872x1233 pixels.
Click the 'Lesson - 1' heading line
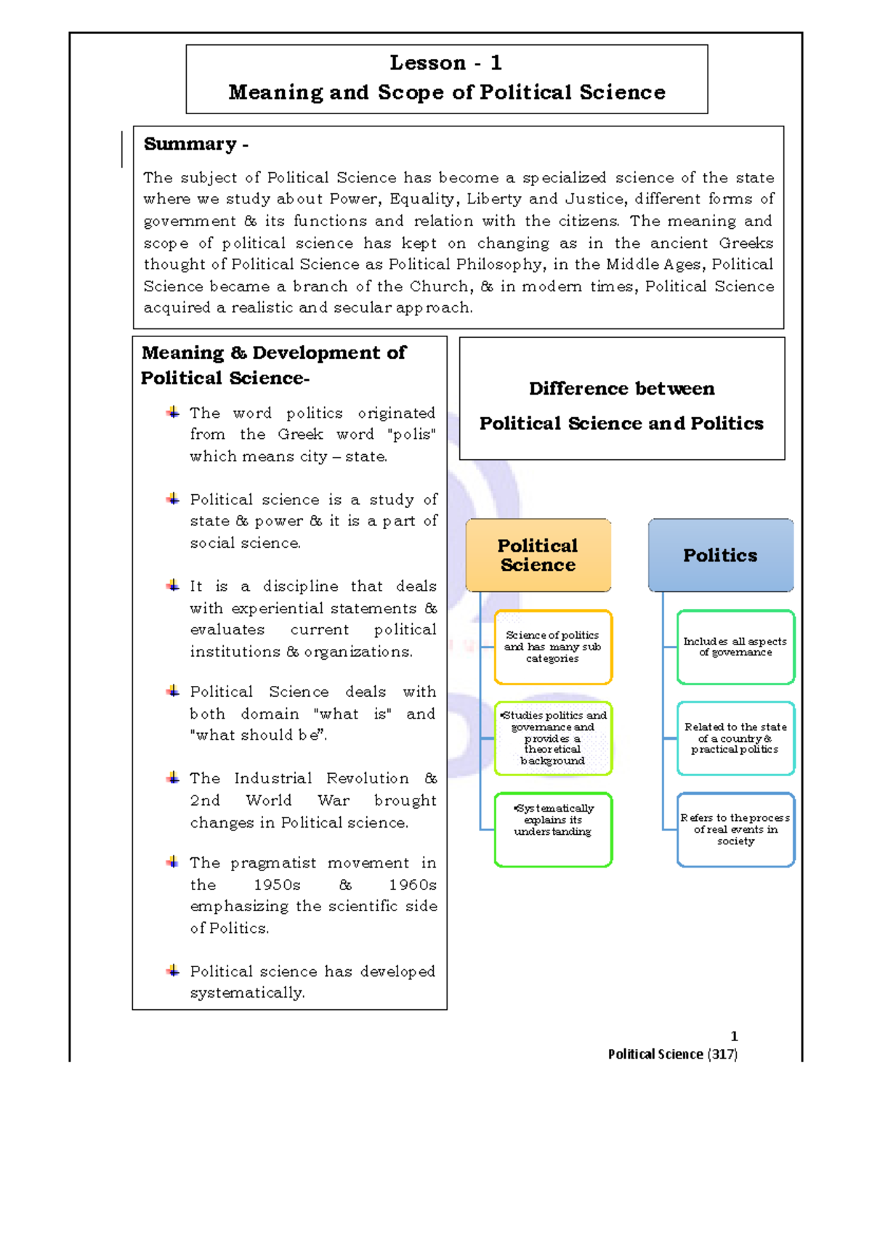tap(446, 63)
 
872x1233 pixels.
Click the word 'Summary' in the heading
tap(190, 144)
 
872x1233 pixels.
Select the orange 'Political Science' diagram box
tap(538, 555)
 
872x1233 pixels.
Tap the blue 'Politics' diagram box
tap(720, 555)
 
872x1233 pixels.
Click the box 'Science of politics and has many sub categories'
tap(553, 647)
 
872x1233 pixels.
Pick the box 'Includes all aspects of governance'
tap(735, 647)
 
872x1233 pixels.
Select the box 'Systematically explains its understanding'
tap(553, 829)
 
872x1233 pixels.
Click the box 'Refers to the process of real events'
tap(735, 829)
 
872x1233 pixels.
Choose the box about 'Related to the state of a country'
tap(735, 738)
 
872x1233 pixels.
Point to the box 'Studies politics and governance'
tap(553, 738)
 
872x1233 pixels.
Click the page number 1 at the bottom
tap(734, 1036)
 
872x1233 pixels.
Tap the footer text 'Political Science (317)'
tap(672, 1054)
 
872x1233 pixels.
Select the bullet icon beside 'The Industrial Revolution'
tap(173, 778)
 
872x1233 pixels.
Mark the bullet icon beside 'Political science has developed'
tap(173, 971)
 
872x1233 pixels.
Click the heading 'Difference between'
tap(621, 389)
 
